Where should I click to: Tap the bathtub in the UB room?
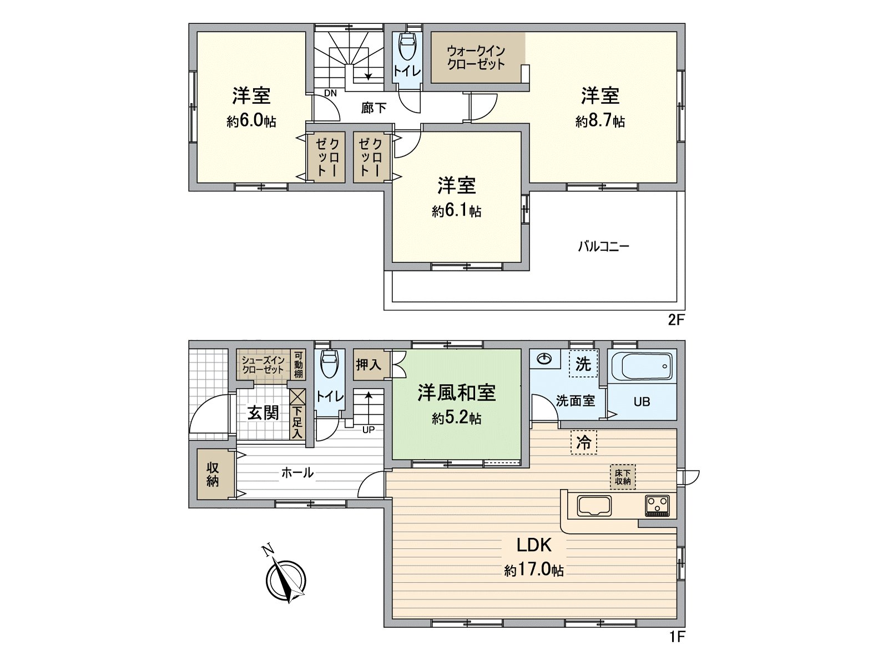tap(642, 367)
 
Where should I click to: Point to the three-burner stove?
tap(657, 506)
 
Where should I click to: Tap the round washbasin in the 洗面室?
tap(545, 359)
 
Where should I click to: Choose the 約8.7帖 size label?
tap(601, 121)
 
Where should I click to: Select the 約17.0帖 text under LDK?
tap(534, 570)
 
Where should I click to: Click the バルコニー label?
tap(603, 246)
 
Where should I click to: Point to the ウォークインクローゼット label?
tap(476, 58)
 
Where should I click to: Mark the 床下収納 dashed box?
tap(623, 477)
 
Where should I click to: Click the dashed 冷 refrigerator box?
tap(583, 443)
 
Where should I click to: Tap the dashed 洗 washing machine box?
tap(583, 364)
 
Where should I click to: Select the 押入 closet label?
tap(369, 365)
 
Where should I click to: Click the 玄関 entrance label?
tap(263, 413)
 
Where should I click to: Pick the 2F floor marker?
tap(675, 320)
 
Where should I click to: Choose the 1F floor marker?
tap(677, 649)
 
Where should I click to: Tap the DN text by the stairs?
tap(330, 93)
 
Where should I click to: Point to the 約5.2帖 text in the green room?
tap(456, 419)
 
